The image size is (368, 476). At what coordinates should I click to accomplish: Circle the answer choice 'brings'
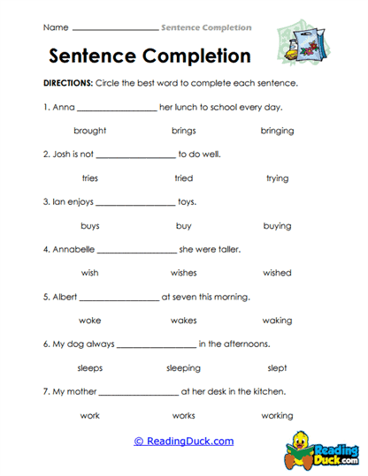click(x=184, y=131)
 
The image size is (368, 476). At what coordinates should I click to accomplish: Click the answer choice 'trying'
click(x=277, y=178)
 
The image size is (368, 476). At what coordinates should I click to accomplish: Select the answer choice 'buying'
click(x=277, y=226)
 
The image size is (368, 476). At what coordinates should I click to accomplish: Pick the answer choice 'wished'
click(x=277, y=273)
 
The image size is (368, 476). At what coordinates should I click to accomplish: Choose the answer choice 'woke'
click(x=90, y=320)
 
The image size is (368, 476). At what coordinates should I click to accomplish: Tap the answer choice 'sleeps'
click(x=90, y=367)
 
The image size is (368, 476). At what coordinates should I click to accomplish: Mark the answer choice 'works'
click(x=184, y=415)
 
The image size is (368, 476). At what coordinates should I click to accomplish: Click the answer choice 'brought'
click(x=90, y=131)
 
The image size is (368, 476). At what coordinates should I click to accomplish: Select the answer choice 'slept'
click(x=277, y=367)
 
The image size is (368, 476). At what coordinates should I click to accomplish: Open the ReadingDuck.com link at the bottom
click(x=184, y=441)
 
